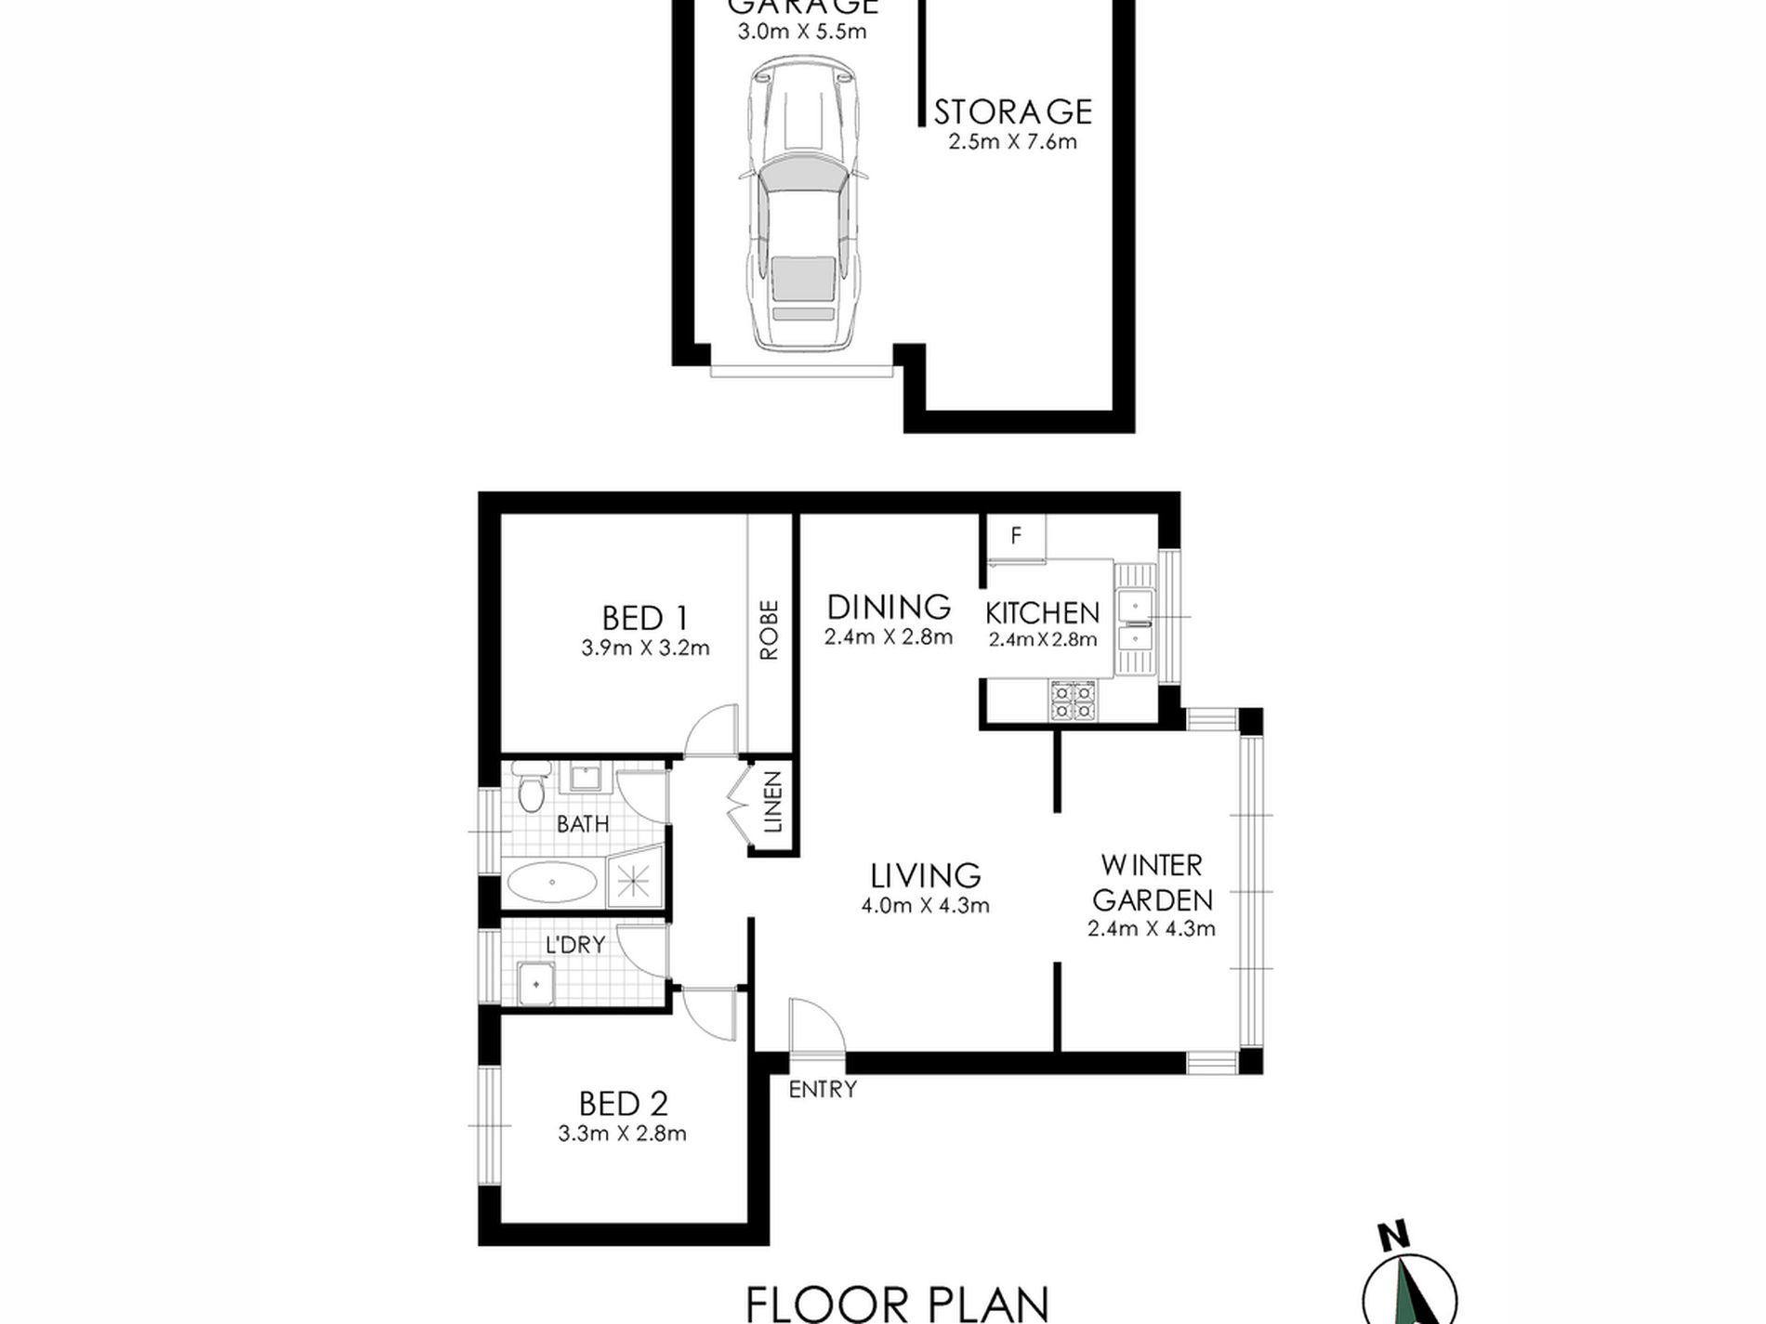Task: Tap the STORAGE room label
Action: tap(1012, 112)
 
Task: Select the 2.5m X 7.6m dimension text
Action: tap(1012, 142)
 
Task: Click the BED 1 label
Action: tap(644, 618)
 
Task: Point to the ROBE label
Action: tap(770, 631)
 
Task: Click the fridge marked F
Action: tap(1016, 536)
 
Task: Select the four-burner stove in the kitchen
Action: tap(1073, 701)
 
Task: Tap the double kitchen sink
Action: tap(1136, 623)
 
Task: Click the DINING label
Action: tap(889, 607)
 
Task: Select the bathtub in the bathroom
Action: tap(552, 882)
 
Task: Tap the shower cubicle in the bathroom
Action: tap(637, 878)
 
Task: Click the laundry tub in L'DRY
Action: tap(535, 983)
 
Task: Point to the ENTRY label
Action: tap(822, 1089)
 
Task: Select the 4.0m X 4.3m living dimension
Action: tap(924, 905)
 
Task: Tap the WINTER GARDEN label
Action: tap(1151, 883)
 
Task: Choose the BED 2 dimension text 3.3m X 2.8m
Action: tap(622, 1134)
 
